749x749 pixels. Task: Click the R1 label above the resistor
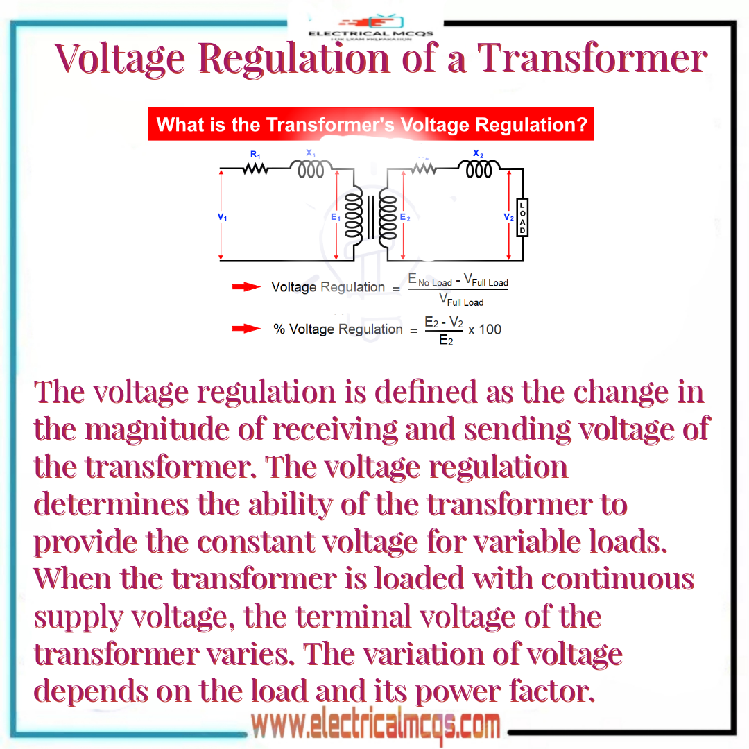click(x=255, y=154)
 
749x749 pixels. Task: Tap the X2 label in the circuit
click(x=478, y=153)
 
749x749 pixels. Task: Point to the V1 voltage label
click(x=222, y=217)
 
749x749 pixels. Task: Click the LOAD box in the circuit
click(x=522, y=216)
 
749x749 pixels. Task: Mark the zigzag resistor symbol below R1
click(x=255, y=169)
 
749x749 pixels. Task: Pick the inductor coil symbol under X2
click(x=479, y=169)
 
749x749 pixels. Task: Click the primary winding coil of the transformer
click(x=354, y=216)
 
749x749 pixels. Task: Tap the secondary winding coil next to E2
click(x=388, y=216)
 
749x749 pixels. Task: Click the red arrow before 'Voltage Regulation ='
click(x=246, y=287)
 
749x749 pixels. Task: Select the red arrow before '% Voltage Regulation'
click(x=246, y=329)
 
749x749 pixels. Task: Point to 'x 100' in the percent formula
click(x=485, y=329)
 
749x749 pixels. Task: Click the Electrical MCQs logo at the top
click(x=370, y=26)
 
